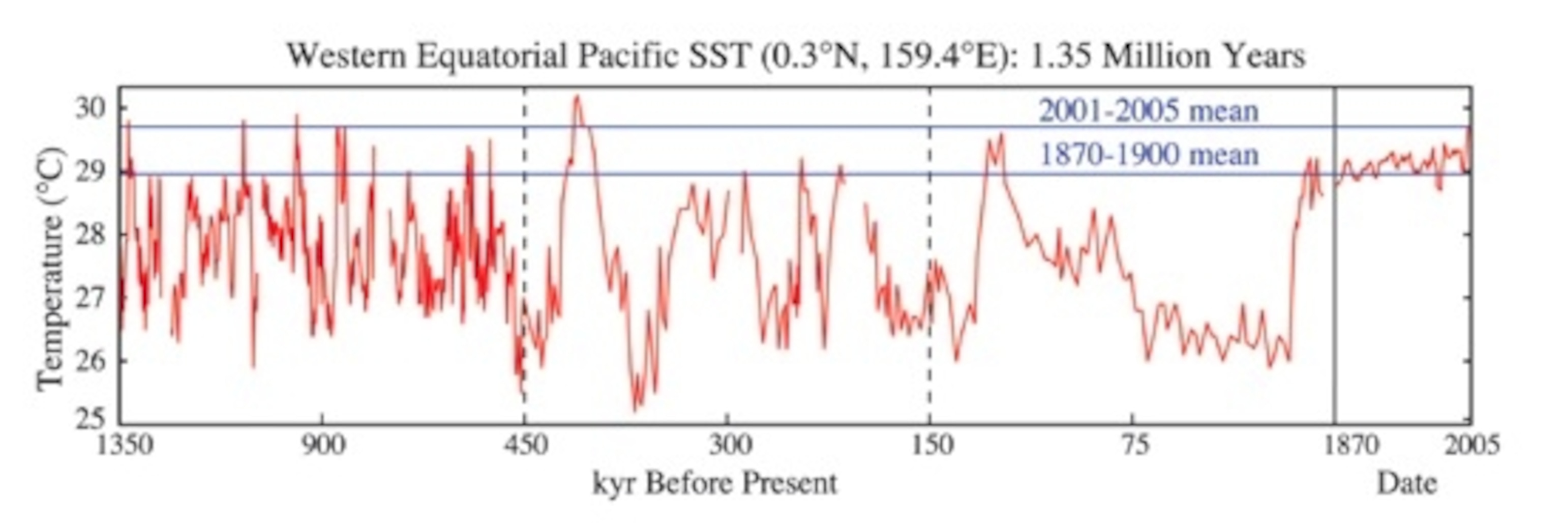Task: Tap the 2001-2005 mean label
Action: (x=1149, y=111)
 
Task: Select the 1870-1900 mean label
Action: (x=1149, y=155)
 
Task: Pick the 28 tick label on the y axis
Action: (x=89, y=234)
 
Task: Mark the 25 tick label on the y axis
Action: (x=89, y=419)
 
